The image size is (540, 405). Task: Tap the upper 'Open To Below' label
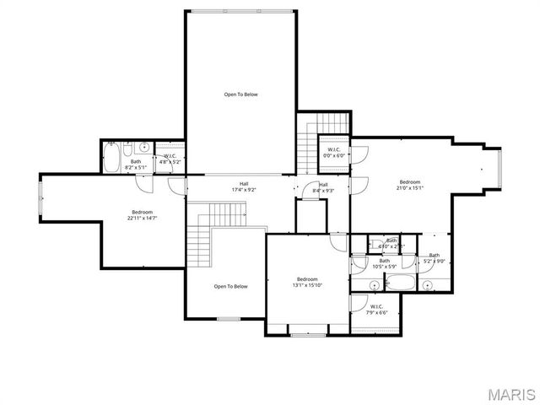[x=240, y=94]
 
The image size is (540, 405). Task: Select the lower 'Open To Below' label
[x=230, y=286]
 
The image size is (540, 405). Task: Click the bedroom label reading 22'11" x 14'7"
[x=142, y=215]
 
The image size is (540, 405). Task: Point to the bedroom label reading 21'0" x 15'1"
[x=410, y=185]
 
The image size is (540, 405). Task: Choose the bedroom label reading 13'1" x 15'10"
[x=307, y=282]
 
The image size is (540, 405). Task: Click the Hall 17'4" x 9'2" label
[x=244, y=186]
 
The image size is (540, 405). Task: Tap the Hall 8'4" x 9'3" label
[x=323, y=187]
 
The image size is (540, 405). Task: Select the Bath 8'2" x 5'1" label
[x=136, y=165]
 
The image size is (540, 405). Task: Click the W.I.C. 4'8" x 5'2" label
[x=170, y=159]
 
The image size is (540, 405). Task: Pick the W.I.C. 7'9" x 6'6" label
[x=376, y=310]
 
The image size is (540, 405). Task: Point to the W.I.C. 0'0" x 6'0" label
[x=334, y=153]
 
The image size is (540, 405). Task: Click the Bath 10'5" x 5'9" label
[x=384, y=263]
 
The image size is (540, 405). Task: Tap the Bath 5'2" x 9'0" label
[x=434, y=258]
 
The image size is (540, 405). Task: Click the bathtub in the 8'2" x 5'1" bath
[x=112, y=157]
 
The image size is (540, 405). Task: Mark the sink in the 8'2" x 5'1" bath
[x=144, y=147]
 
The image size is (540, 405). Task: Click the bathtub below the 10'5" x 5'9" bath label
[x=392, y=283]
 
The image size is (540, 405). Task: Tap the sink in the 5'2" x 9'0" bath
[x=428, y=284]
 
